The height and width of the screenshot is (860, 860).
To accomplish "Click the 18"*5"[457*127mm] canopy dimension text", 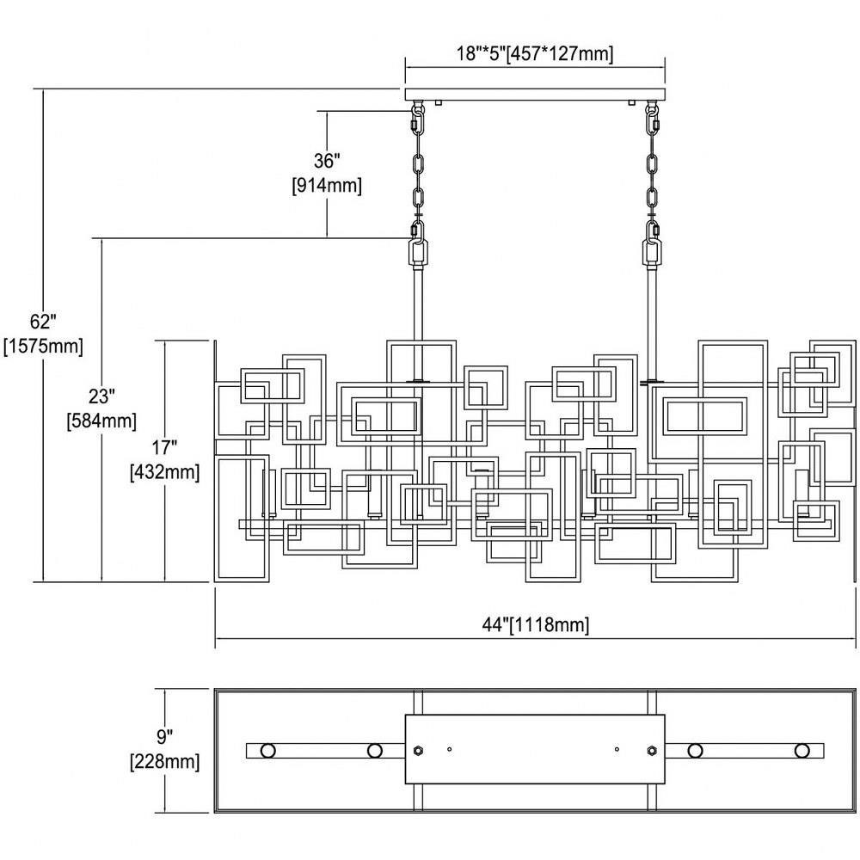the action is point(535,53).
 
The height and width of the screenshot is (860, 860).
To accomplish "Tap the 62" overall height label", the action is point(43,321).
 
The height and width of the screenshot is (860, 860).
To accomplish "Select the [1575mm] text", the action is point(43,346).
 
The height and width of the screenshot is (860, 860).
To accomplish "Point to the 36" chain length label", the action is point(327,161).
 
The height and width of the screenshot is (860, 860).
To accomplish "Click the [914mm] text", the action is point(327,186).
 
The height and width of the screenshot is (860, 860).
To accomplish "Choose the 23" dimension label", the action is point(101,396).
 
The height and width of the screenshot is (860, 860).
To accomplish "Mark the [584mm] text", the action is point(101,421).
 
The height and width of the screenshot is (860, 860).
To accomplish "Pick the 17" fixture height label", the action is point(164,447).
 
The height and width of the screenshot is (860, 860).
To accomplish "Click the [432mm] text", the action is point(164,471).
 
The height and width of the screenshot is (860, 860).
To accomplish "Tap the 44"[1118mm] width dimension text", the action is point(535,624).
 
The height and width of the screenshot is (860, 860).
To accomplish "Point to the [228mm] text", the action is point(164,761).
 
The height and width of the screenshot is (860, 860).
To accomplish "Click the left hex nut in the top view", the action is point(417,750).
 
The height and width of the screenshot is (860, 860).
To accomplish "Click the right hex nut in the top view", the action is point(652,750).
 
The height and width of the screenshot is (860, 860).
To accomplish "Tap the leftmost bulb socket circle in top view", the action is point(267,750).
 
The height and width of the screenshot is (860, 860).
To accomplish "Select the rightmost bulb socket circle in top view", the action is point(802,750).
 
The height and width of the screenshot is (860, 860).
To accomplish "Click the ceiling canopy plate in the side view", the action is point(535,94).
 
